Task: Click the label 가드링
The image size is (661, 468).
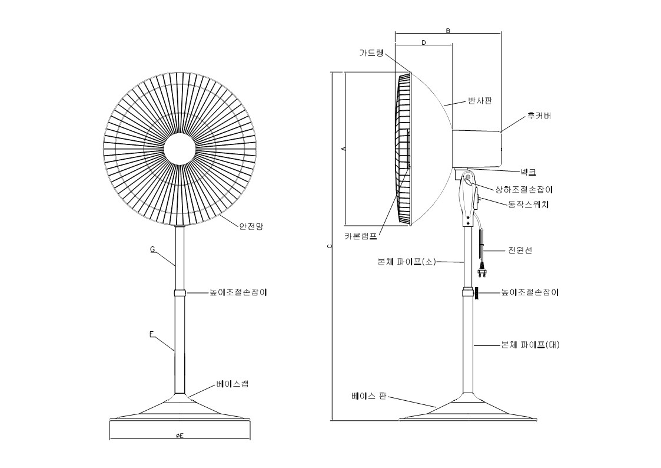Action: pyautogui.click(x=371, y=52)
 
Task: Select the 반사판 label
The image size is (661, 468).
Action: pyautogui.click(x=480, y=101)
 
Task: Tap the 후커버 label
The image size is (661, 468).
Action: pyautogui.click(x=539, y=116)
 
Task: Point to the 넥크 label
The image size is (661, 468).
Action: pyautogui.click(x=528, y=172)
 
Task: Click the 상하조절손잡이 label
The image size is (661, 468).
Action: pyautogui.click(x=524, y=189)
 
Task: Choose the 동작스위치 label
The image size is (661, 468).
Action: pyautogui.click(x=529, y=205)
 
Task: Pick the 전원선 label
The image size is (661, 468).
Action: pyautogui.click(x=520, y=251)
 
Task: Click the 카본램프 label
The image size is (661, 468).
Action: pyautogui.click(x=361, y=236)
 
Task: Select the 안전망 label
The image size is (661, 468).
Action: pyautogui.click(x=251, y=226)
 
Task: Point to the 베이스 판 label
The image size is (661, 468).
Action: pyautogui.click(x=369, y=396)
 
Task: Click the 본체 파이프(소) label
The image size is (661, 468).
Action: pyautogui.click(x=407, y=262)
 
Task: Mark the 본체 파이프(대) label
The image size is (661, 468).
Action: pyautogui.click(x=530, y=345)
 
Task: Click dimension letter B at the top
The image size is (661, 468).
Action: pyautogui.click(x=448, y=31)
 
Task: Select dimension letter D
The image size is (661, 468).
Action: pyautogui.click(x=424, y=42)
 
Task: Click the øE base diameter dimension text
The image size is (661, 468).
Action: pyautogui.click(x=180, y=436)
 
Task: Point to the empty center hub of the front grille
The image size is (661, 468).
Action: pyautogui.click(x=180, y=149)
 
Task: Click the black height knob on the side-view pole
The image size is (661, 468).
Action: pyautogui.click(x=476, y=293)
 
